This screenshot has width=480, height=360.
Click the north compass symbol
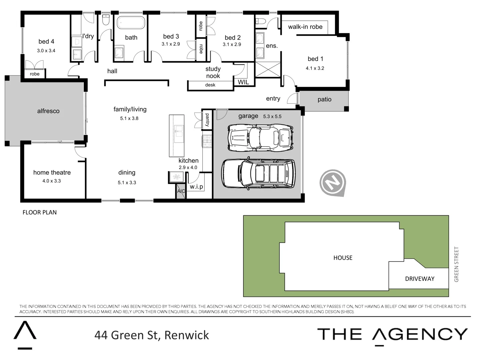[332, 183]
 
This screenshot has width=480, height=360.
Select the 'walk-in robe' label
[305, 27]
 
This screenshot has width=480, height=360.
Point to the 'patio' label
[324, 99]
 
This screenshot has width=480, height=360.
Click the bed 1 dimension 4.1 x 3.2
[315, 68]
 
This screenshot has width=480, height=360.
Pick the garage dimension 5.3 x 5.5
[272, 117]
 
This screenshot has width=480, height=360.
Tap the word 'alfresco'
[48, 111]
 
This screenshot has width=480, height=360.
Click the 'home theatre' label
[52, 172]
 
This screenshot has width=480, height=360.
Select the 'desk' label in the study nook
[210, 85]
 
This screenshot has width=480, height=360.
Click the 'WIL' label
[243, 82]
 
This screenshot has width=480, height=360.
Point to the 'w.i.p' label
[196, 187]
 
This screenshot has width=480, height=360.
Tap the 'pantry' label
[207, 120]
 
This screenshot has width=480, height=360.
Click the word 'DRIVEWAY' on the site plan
[420, 279]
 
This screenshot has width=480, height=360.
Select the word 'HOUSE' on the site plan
[343, 258]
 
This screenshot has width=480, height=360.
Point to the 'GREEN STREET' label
[456, 264]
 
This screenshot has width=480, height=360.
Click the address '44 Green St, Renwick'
[152, 335]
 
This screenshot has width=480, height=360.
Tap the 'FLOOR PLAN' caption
[40, 212]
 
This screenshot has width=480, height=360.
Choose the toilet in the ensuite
[261, 21]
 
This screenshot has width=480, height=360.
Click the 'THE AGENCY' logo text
[392, 334]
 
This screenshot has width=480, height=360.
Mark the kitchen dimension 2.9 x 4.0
[188, 168]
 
